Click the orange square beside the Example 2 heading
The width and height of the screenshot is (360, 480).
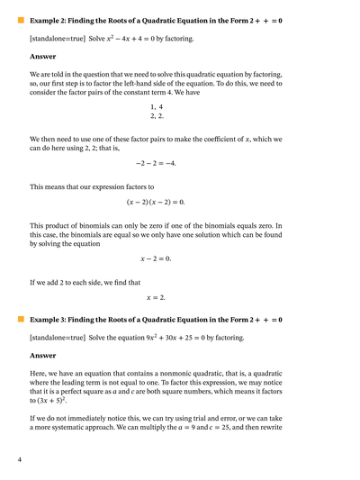[x=21, y=19]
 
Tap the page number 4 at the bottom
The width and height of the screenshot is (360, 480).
[x=19, y=460]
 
